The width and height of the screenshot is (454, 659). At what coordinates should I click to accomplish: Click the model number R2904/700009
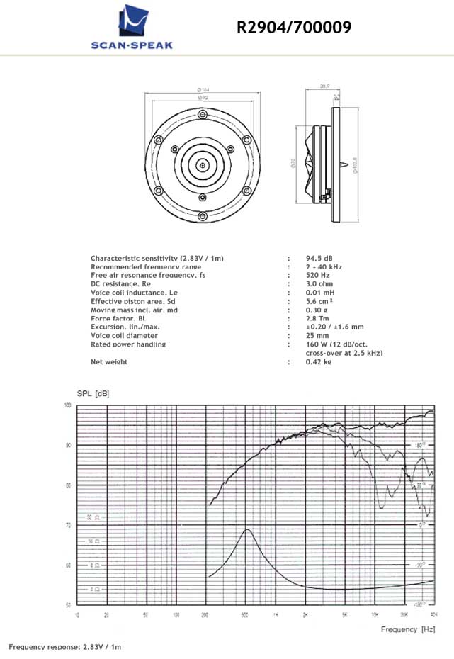click(294, 28)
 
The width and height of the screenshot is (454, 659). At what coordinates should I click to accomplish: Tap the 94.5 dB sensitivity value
click(320, 258)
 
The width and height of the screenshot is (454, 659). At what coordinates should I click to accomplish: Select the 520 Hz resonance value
click(318, 275)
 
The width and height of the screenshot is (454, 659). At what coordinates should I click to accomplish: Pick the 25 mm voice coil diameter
click(317, 335)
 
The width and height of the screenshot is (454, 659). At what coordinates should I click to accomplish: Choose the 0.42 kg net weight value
click(319, 361)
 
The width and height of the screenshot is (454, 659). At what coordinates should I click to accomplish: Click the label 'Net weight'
click(109, 361)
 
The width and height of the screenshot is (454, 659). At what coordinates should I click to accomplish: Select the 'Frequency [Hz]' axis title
click(409, 629)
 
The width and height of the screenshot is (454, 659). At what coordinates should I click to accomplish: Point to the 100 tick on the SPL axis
click(68, 405)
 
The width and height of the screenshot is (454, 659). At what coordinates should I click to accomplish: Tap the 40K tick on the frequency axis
click(433, 614)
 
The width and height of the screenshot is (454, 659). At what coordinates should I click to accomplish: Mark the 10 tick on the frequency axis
click(76, 614)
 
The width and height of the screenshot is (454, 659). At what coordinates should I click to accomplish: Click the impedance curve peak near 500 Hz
click(246, 529)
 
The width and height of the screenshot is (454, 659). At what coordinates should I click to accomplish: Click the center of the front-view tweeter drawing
click(203, 166)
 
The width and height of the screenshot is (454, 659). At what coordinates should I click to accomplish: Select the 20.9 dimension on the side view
click(325, 86)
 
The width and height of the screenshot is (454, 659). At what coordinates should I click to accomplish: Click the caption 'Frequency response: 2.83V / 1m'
click(65, 647)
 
